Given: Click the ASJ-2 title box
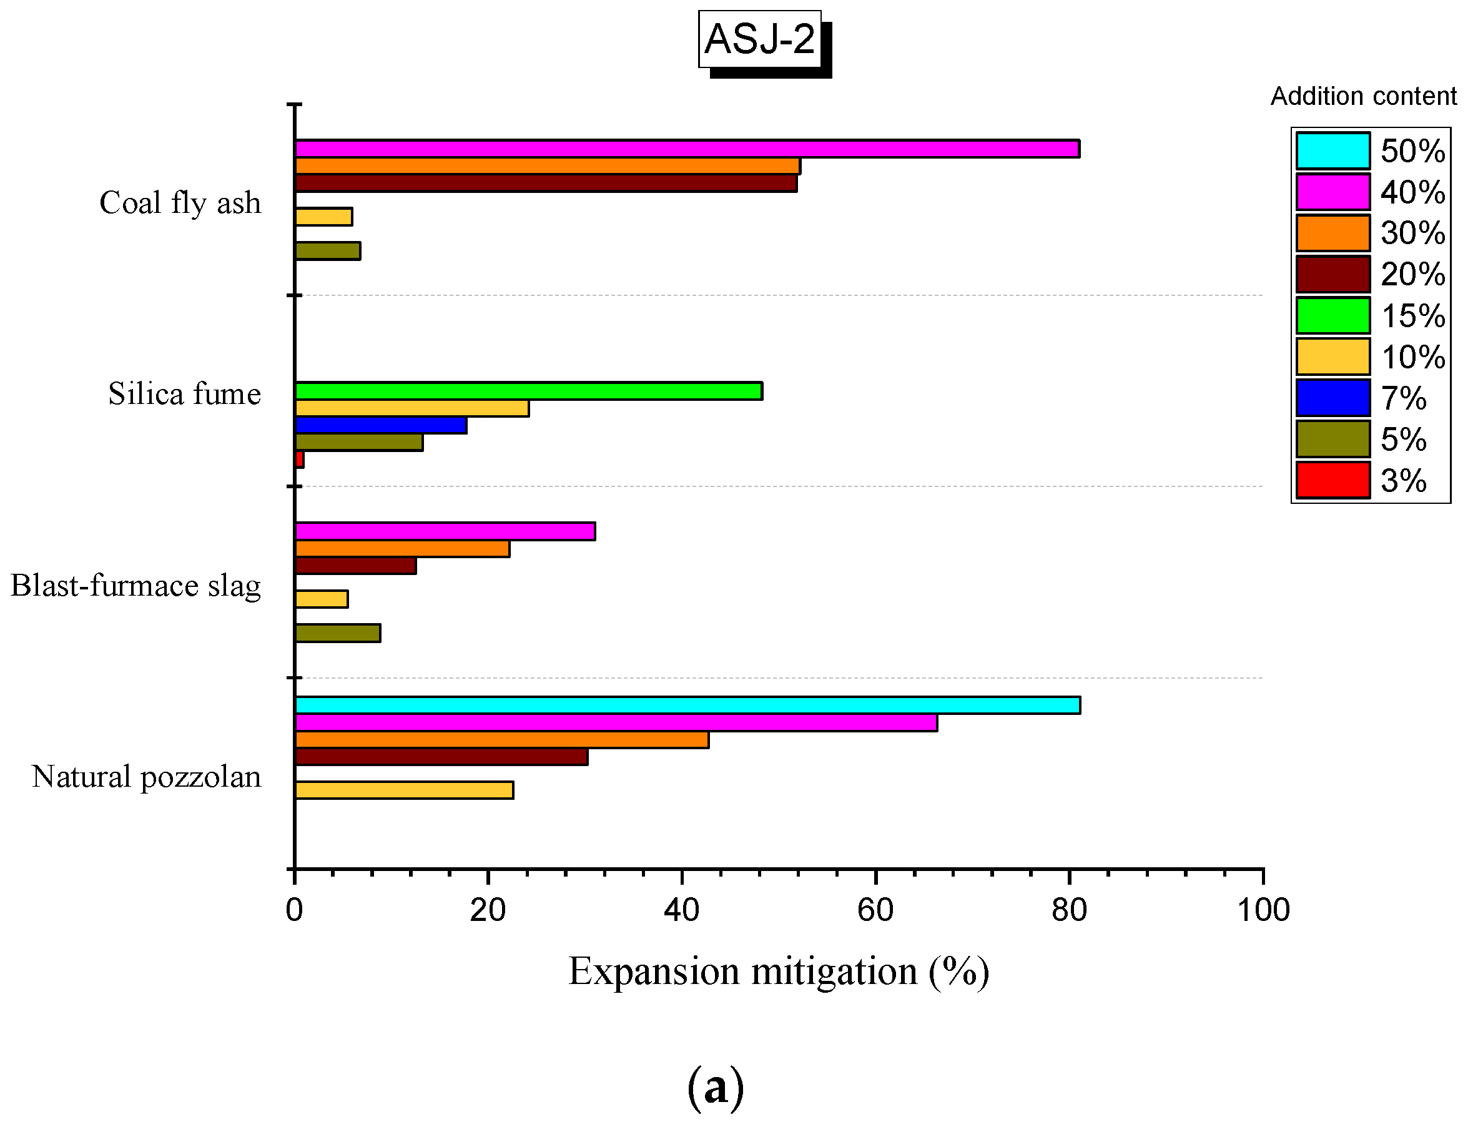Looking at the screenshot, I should [759, 39].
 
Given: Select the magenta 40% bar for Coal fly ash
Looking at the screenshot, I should [687, 148].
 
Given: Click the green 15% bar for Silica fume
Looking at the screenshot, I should [528, 391].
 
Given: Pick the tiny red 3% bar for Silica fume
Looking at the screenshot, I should [299, 460].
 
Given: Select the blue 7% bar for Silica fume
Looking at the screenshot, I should [381, 425].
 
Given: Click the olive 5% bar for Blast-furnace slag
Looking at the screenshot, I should [337, 633].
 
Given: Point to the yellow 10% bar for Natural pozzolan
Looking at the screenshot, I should [404, 790].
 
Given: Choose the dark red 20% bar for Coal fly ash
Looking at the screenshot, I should [546, 183].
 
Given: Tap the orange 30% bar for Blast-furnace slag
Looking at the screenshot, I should [402, 548].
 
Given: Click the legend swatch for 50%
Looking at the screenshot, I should [1333, 151].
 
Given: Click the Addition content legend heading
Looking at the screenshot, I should [1362, 96].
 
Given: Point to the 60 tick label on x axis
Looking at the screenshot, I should [875, 910].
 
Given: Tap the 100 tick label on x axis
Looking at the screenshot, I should [1263, 910].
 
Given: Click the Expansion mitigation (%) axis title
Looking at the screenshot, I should [778, 972].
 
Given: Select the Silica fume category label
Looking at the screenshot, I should [184, 393].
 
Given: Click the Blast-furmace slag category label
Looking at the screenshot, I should [135, 586].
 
